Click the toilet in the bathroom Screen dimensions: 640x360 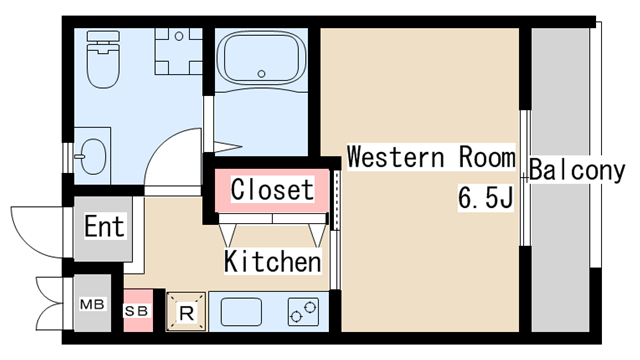click(x=103, y=60)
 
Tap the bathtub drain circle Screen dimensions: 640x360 click(x=262, y=74)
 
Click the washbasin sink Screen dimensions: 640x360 click(x=93, y=156)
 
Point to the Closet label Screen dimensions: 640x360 click(x=272, y=189)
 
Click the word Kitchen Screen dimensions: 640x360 click(x=272, y=261)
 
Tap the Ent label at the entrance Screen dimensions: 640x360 click(x=104, y=226)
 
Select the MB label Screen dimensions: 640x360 click(x=92, y=304)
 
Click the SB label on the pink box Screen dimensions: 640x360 click(x=136, y=311)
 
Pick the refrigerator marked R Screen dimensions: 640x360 click(x=187, y=311)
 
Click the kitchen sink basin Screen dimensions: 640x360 click(x=241, y=312)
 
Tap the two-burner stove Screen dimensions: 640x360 click(x=303, y=312)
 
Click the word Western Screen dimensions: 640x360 click(x=395, y=157)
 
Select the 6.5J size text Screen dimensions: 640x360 click(x=485, y=198)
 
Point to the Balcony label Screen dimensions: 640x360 click(x=577, y=170)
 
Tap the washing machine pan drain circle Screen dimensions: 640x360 click(x=179, y=36)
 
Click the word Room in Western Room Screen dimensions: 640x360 click(x=487, y=157)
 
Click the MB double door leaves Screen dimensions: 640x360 click(x=50, y=304)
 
